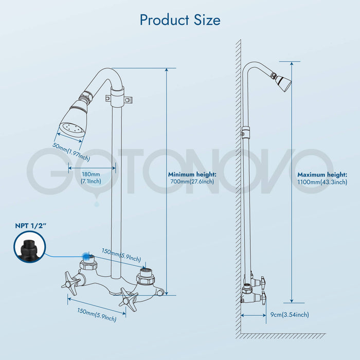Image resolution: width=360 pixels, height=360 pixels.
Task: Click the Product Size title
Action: (x=180, y=20)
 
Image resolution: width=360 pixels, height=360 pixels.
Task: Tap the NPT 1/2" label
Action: (x=30, y=225)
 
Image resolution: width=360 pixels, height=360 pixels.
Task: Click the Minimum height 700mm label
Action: (x=192, y=178)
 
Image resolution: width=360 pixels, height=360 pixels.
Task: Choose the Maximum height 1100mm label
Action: (x=322, y=178)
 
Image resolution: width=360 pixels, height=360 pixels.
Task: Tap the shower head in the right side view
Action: (x=282, y=81)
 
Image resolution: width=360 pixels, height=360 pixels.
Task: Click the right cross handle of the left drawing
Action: (x=128, y=297)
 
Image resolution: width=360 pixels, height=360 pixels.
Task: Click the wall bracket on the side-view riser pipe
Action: (x=246, y=131)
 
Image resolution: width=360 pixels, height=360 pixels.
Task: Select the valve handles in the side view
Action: (x=262, y=288)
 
